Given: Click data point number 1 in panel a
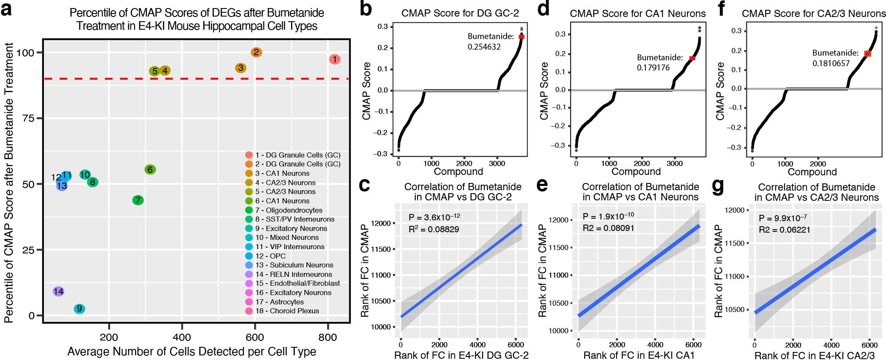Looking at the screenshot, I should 334,59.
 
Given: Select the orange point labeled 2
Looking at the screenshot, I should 256,52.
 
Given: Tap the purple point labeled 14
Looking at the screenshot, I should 59,291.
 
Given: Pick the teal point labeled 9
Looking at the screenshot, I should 79,309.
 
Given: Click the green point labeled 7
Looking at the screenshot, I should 137,200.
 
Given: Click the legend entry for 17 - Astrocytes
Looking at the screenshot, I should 279,302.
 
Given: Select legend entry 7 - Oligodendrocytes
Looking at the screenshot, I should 289,210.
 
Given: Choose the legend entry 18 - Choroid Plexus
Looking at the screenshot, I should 287,311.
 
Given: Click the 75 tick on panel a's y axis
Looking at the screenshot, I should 28,118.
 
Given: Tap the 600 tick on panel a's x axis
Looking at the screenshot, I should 255,337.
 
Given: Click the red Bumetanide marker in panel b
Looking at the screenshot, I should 522,37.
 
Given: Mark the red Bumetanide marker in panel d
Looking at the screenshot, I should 692,58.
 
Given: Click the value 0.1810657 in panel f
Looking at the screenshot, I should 831,64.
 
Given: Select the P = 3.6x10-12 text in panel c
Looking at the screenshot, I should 434,217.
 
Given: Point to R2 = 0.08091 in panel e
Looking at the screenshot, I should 608,228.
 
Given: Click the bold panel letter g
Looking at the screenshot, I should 718,187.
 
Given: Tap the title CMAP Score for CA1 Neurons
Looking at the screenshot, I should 637,14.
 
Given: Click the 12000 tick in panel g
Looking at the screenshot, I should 735,210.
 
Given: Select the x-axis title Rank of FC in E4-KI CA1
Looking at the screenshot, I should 639,355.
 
